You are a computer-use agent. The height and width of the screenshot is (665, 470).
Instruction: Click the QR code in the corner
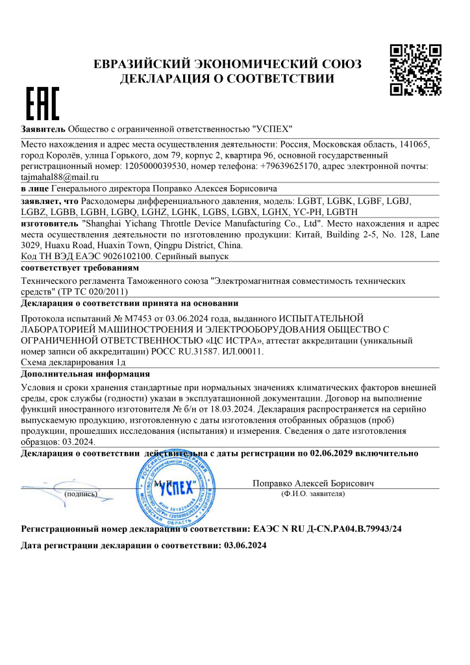click(415, 69)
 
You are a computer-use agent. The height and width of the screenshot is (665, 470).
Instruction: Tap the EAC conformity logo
click(42, 104)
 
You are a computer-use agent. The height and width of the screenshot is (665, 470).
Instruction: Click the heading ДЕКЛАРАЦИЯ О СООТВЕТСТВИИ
click(228, 79)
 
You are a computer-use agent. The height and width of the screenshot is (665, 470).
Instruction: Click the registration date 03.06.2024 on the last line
click(245, 546)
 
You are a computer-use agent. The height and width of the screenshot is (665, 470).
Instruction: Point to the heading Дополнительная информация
click(86, 374)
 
